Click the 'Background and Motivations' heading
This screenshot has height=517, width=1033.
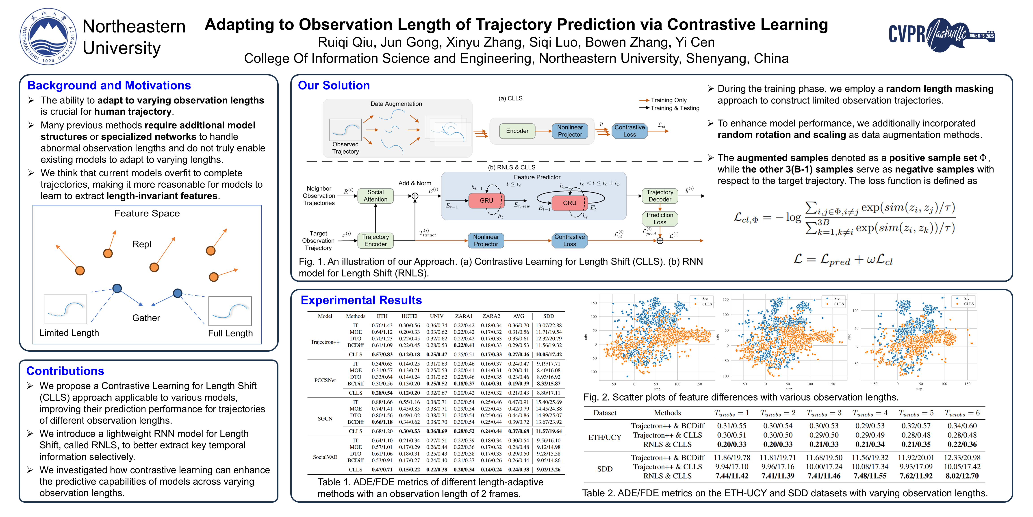coord(109,85)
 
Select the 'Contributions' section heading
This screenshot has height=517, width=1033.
coord(65,371)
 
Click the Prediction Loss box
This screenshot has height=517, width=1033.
coord(660,218)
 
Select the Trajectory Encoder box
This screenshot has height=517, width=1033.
coord(375,241)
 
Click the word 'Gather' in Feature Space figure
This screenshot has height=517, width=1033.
coord(146,318)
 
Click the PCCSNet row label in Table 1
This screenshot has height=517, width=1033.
coord(325,380)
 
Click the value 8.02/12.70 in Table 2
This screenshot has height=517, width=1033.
coord(962,476)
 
